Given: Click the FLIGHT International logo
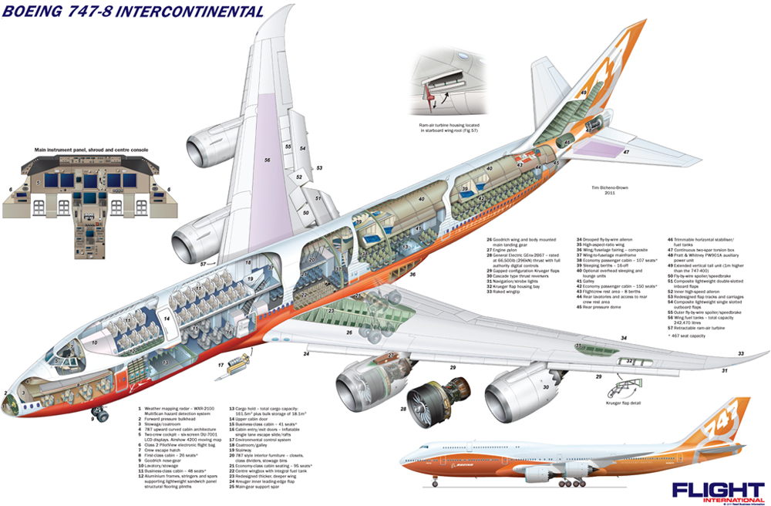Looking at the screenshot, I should [716, 491].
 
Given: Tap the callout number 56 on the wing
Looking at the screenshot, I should [267, 160].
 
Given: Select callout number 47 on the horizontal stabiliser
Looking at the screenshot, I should [627, 152].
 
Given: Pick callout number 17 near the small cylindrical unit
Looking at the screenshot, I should [221, 366].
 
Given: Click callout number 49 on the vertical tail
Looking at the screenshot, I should [584, 93].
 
